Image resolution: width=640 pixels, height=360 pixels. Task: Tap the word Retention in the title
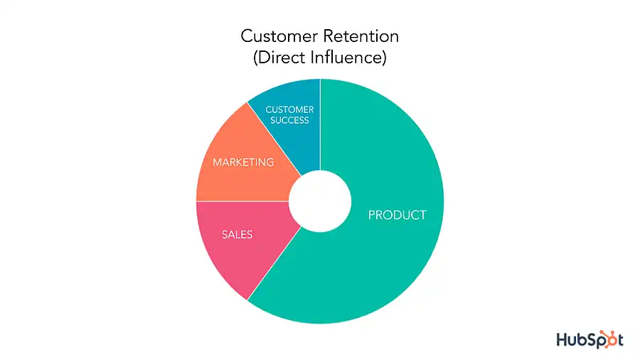point(358,36)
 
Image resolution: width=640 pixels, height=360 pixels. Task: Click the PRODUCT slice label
point(397,215)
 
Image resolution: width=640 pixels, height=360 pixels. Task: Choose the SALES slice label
point(237,234)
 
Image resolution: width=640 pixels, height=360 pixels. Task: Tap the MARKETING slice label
point(243,162)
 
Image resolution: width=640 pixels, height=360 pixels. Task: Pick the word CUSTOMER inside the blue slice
point(290,110)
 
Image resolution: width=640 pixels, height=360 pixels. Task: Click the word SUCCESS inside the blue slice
point(290,120)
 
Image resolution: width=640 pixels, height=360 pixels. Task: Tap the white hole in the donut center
point(320,201)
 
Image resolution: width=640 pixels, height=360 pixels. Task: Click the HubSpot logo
point(590,339)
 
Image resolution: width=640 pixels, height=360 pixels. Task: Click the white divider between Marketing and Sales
point(242,201)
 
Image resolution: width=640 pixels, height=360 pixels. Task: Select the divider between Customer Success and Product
point(321,125)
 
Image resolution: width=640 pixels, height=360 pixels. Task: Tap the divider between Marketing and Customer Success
point(274,139)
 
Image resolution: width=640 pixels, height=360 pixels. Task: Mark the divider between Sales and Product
point(274,263)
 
